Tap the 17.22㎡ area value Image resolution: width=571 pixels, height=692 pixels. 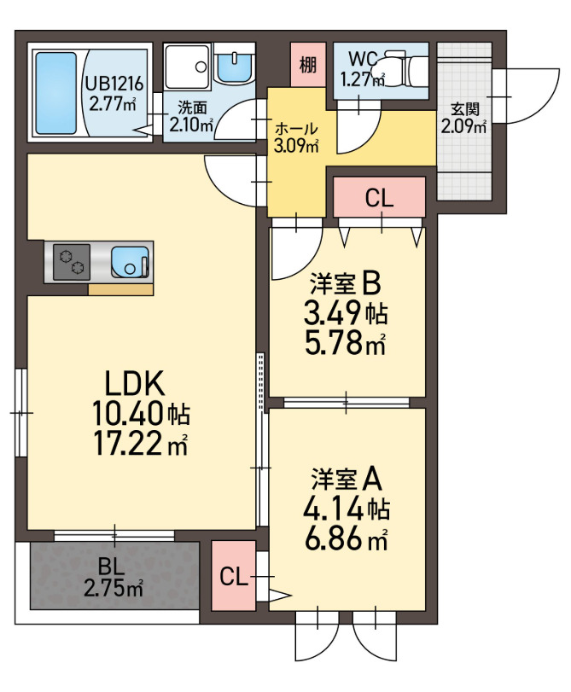pos(140,444)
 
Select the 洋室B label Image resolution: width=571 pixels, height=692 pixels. pos(345,282)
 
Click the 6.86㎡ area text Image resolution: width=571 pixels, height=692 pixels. pos(345,538)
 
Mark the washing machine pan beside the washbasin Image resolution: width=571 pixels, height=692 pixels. pos(187,66)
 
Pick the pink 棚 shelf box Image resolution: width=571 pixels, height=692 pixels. pos(306,65)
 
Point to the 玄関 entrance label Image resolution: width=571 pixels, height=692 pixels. pos(463,109)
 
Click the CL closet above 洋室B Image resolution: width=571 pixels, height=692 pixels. pos(379,198)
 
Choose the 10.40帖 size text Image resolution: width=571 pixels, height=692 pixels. pos(140,414)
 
